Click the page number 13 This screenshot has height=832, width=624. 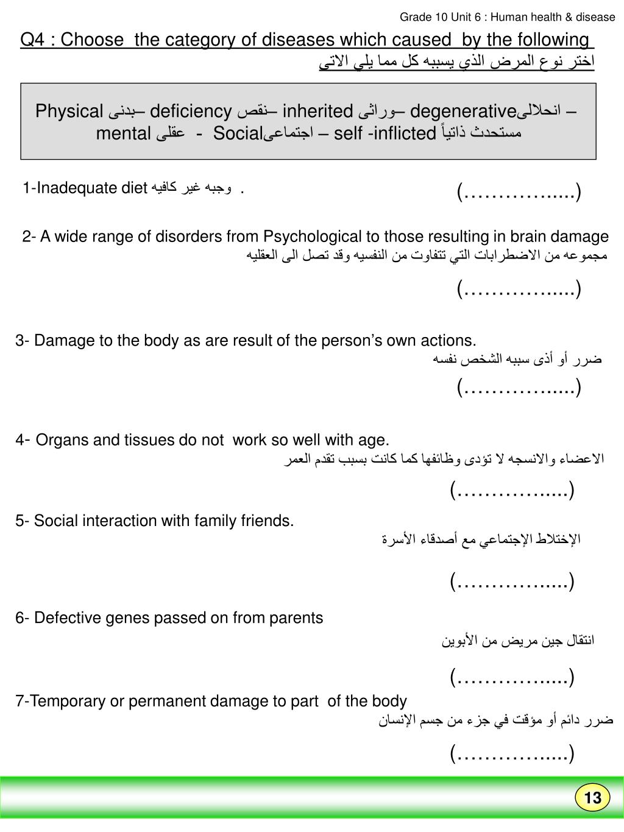coord(592,798)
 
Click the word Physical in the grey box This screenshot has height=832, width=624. coord(69,112)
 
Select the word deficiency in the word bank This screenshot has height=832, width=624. coord(191,112)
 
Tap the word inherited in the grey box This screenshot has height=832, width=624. coord(317,112)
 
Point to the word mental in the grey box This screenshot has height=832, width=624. coord(123,133)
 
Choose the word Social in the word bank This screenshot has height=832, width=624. coord(237,133)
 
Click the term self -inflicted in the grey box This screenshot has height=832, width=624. coord(385,133)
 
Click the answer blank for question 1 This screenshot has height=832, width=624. coord(519,193)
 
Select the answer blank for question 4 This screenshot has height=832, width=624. coord(512,489)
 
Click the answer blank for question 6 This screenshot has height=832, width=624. coord(512,677)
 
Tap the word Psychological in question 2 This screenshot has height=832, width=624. coord(311,236)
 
